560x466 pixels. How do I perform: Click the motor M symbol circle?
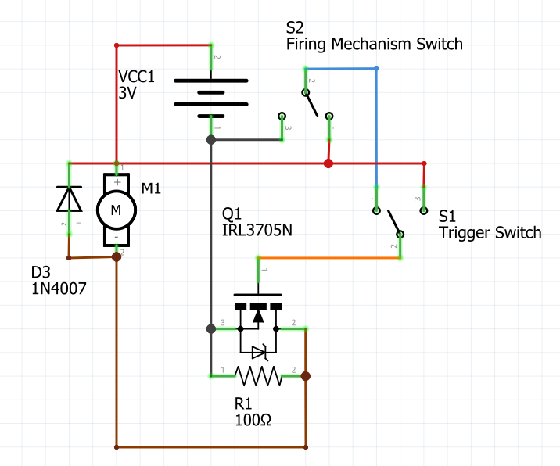[x=116, y=209]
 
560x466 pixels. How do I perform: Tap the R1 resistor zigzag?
[x=258, y=377]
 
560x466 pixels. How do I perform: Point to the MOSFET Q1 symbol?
[x=258, y=321]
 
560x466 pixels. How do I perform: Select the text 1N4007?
[x=59, y=289]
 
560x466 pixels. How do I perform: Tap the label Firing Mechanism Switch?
[x=374, y=45]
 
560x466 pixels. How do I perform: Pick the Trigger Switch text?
[x=490, y=233]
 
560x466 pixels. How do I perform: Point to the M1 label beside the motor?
[x=152, y=188]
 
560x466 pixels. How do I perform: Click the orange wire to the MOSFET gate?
[x=328, y=256]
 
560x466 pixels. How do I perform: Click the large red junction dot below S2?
[x=328, y=163]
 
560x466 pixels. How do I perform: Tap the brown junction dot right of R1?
[x=305, y=376]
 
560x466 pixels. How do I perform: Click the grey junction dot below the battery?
[x=210, y=140]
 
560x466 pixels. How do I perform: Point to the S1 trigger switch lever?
[x=389, y=222]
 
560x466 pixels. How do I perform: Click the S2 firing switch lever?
[x=317, y=103]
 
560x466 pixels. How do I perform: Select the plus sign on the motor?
[x=117, y=182]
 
